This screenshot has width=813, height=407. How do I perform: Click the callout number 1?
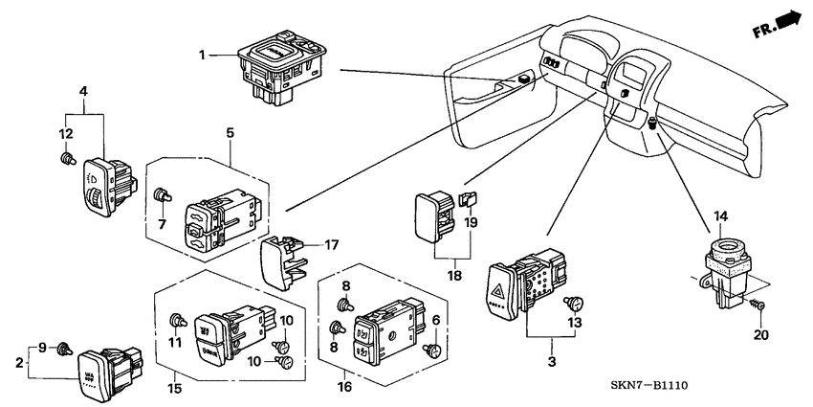(x=202, y=56)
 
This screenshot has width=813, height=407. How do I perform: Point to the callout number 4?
(x=83, y=92)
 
